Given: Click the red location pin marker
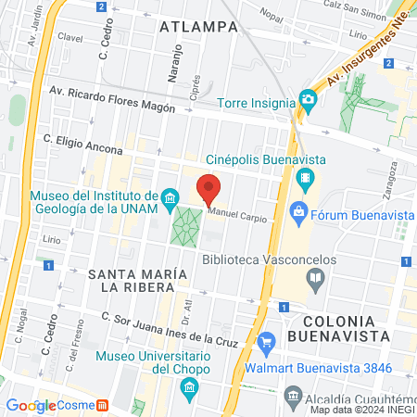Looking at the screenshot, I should (x=209, y=190).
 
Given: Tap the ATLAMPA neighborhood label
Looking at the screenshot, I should (x=198, y=26).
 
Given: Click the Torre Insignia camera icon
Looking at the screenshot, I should (x=307, y=99).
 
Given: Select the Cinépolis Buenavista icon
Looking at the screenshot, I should (x=306, y=177).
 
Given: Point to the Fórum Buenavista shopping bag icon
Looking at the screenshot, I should (x=298, y=213).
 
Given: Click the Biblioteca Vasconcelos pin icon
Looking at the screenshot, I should (x=316, y=277).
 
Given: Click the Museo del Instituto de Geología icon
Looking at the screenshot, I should (x=169, y=197).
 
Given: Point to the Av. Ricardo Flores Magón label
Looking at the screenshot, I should (x=113, y=99).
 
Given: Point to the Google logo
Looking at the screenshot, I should (x=31, y=405).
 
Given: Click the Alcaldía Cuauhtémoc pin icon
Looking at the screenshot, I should (x=294, y=398).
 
